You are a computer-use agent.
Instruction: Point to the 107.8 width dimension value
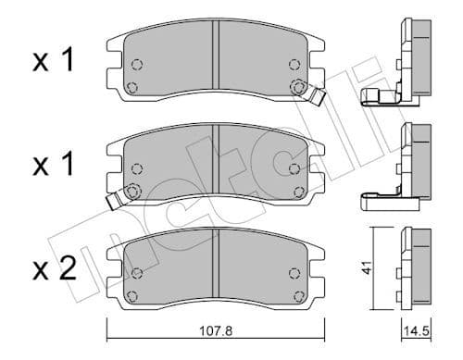click(214, 327)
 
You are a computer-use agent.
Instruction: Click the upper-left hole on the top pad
click(136, 65)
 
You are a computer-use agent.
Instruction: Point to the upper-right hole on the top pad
click(294, 65)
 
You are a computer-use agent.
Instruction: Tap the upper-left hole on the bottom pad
click(136, 272)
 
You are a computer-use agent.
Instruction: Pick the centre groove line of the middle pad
click(215, 159)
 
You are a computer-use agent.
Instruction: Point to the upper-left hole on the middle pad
click(136, 169)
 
